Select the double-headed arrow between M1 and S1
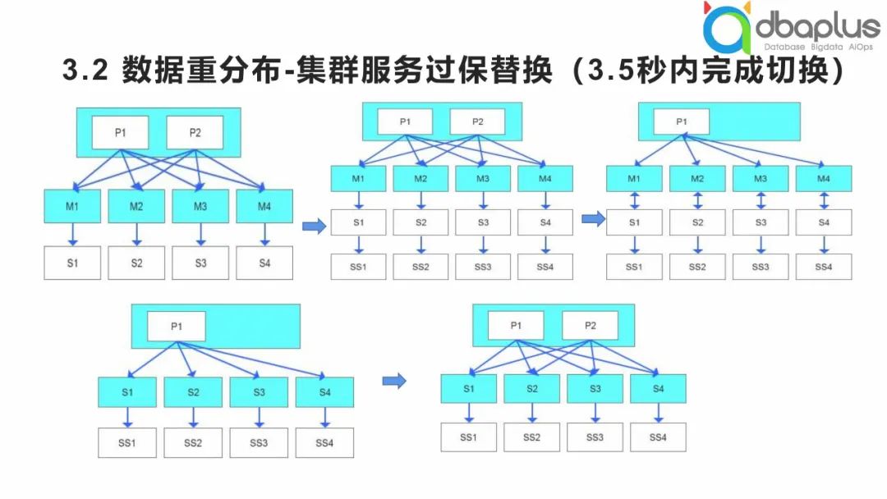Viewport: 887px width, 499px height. (x=634, y=200)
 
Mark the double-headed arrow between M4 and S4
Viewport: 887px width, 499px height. (x=824, y=200)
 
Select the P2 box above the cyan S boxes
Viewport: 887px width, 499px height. (x=590, y=326)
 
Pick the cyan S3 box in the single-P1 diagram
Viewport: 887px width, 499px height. (x=259, y=392)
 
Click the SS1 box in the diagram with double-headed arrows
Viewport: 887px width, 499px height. (x=634, y=267)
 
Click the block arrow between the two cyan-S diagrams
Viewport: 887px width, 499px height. (x=396, y=380)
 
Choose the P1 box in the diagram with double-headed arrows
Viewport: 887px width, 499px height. (x=681, y=121)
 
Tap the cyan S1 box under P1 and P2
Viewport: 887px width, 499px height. (x=468, y=388)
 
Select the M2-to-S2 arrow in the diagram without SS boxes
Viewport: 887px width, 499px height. (x=136, y=235)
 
